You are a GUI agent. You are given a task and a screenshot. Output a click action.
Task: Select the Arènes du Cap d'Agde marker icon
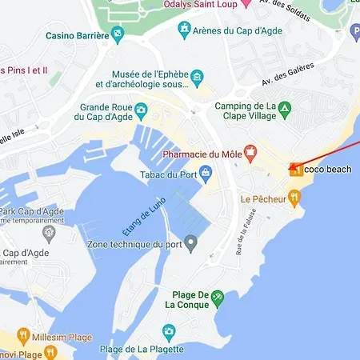tap(185, 30)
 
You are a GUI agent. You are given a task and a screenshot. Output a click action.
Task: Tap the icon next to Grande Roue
tap(142, 109)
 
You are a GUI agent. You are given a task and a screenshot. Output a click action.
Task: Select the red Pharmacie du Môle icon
tap(250, 150)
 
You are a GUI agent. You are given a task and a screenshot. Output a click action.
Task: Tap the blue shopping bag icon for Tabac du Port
tap(206, 172)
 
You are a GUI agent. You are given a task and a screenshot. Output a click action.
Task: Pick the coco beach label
tap(327, 169)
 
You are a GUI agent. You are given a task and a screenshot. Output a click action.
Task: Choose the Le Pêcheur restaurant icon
tap(294, 196)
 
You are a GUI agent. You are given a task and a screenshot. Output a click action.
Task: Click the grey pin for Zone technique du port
tap(190, 242)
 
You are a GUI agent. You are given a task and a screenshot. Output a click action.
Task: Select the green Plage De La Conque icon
tap(217, 298)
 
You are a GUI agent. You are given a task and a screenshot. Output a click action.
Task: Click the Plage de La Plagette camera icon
tap(169, 331)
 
